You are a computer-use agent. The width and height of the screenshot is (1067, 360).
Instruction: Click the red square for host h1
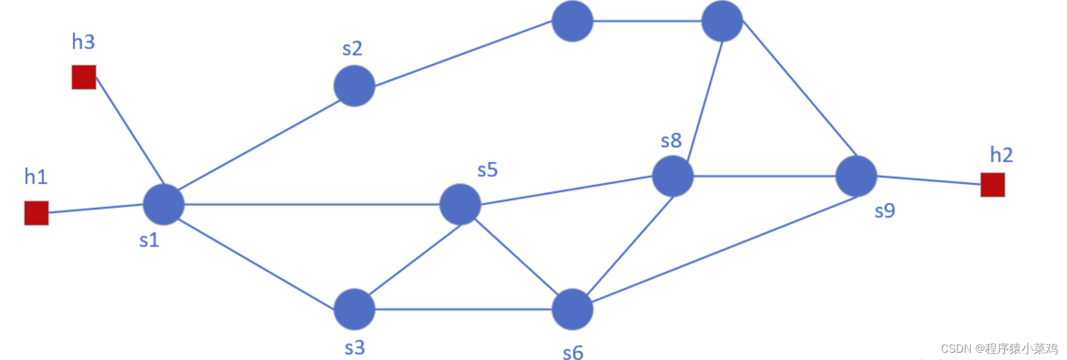(36, 213)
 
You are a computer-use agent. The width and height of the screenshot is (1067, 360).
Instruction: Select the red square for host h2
(992, 185)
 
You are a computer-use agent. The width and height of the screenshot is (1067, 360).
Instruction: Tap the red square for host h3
(84, 77)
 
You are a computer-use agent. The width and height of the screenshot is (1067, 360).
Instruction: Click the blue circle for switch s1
(164, 204)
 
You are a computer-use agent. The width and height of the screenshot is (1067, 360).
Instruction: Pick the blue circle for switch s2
(354, 86)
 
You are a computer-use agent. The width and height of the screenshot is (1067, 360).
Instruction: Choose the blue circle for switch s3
(354, 310)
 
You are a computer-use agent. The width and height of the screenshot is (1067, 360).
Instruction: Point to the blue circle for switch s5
(460, 204)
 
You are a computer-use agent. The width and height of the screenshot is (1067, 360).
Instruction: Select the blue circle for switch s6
(572, 310)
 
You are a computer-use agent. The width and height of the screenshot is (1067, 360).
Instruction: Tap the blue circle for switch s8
(672, 176)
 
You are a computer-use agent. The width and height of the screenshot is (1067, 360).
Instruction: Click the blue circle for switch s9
(856, 176)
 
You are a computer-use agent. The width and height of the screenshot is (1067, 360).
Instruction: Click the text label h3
(83, 42)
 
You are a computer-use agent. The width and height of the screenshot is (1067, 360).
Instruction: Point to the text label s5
(487, 170)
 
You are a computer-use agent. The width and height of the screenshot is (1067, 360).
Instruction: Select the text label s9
(885, 211)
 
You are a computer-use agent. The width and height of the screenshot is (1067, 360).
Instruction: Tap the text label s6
(573, 352)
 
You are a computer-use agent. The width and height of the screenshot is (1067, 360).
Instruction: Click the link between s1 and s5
(311, 204)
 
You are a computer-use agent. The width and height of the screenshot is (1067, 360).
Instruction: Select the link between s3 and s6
(463, 310)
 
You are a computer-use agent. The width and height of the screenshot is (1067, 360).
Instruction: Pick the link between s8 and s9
(764, 176)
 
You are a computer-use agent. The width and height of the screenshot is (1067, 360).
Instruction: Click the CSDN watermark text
(999, 348)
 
